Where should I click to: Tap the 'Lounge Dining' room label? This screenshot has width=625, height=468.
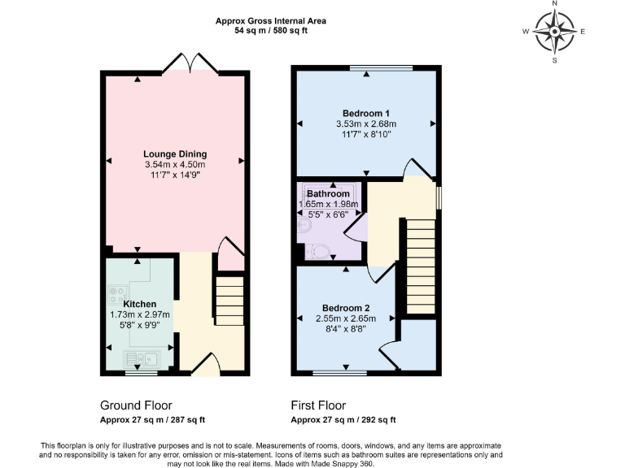[x=175, y=154]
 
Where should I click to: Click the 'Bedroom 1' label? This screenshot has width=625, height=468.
[x=365, y=113]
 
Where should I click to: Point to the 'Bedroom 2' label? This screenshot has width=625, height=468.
[x=346, y=308]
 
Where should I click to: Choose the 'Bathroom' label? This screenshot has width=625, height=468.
[x=329, y=193]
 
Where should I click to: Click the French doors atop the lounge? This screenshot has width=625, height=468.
[x=190, y=63]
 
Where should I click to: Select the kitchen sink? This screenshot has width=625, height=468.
[x=142, y=357]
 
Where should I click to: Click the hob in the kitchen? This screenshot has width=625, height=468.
[x=117, y=294]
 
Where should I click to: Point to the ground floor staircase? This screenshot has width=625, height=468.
[x=230, y=301]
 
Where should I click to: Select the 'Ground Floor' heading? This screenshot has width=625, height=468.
[x=136, y=405]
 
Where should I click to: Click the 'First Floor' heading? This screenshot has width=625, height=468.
[x=318, y=405]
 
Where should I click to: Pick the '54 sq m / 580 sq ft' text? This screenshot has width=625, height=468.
[x=271, y=31]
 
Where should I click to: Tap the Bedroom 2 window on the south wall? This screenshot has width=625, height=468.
[x=339, y=374]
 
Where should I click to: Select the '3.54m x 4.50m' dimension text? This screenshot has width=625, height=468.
[x=175, y=164]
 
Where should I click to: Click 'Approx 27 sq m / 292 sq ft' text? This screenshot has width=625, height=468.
[x=343, y=420]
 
